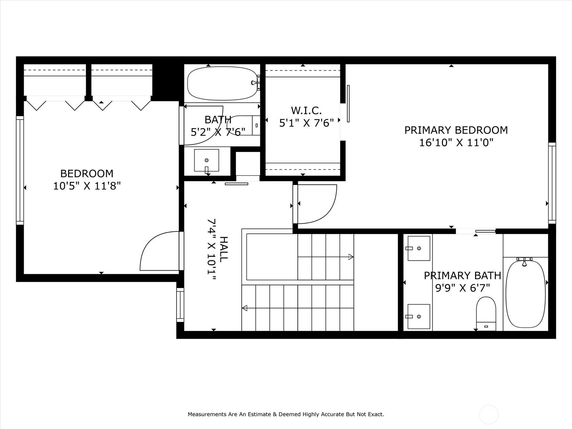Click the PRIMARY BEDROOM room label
(x=456, y=130)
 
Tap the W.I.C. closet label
(x=306, y=111)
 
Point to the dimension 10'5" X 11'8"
(x=87, y=186)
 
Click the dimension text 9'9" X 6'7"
(x=463, y=288)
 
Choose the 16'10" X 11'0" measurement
(x=456, y=143)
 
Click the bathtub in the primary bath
(x=526, y=294)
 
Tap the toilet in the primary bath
(x=486, y=314)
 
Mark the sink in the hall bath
(x=206, y=161)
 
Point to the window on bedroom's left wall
(x=20, y=171)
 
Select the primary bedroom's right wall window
(x=552, y=183)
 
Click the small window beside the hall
(x=180, y=305)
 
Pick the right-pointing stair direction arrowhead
(x=351, y=257)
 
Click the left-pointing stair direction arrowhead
(x=245, y=308)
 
